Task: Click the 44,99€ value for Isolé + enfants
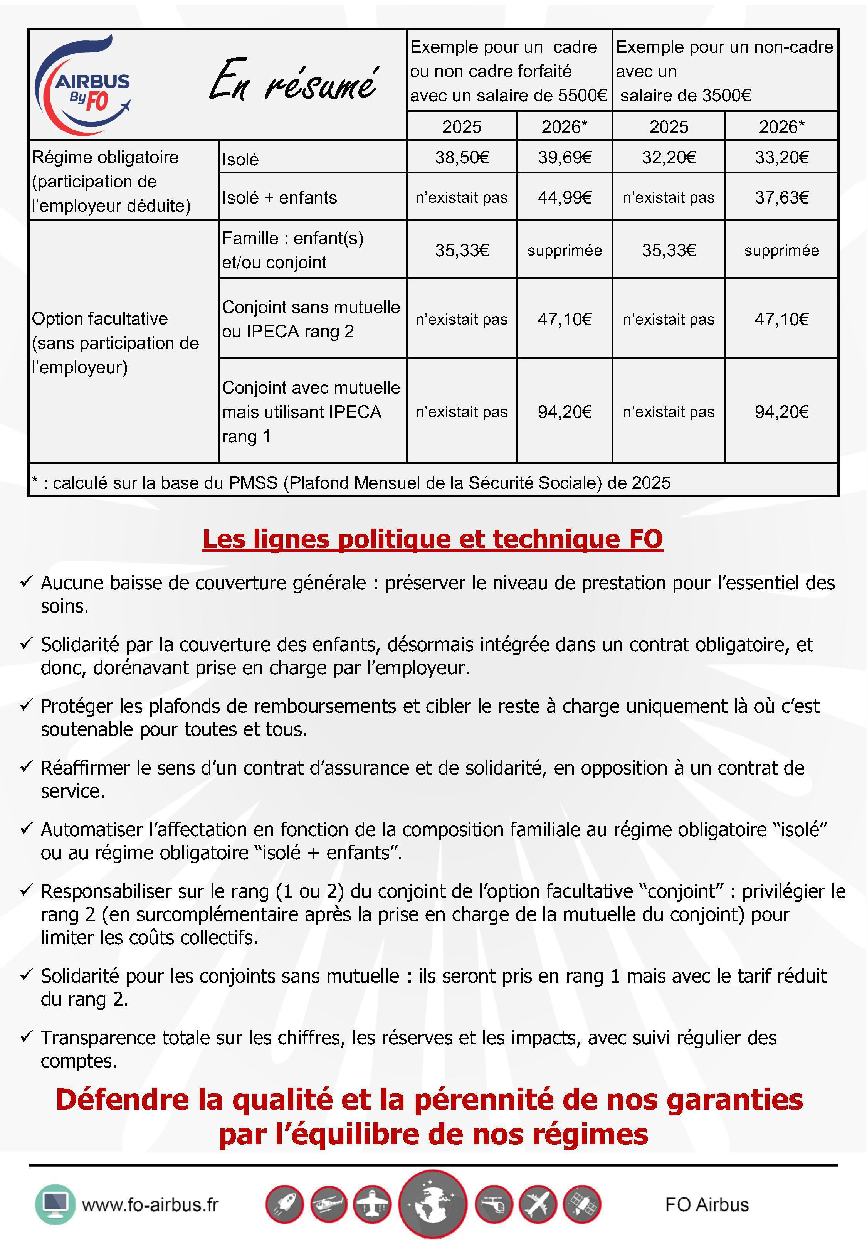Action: [x=565, y=197]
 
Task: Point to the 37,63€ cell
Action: [x=781, y=197]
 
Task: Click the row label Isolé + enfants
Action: [x=279, y=197]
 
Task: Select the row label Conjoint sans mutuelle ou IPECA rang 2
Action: [x=311, y=319]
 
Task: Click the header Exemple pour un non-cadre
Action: [x=724, y=47]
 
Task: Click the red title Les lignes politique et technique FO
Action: [x=432, y=539]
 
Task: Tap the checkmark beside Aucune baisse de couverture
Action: [x=27, y=582]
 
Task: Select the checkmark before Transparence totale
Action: [x=27, y=1037]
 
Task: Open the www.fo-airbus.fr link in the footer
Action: [x=150, y=1205]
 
